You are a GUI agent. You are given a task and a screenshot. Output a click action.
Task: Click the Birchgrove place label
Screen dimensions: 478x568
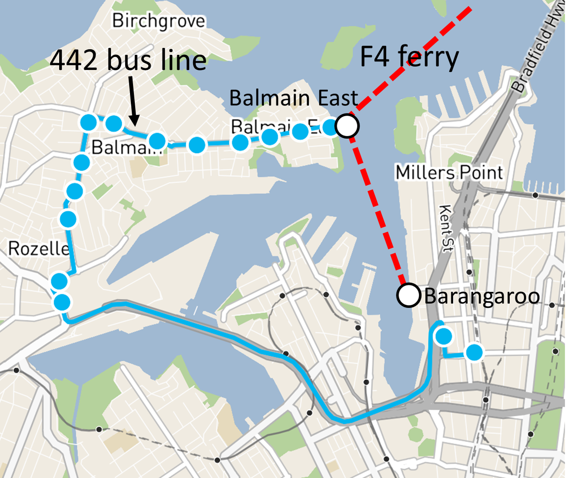158,21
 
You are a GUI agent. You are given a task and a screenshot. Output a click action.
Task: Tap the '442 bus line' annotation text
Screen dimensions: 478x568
128,60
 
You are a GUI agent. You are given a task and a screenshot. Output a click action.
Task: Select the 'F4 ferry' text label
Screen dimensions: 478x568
409,57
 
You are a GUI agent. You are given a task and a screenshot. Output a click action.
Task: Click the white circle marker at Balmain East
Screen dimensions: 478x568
347,126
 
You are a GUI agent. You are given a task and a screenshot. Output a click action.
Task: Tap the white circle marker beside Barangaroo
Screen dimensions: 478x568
408,295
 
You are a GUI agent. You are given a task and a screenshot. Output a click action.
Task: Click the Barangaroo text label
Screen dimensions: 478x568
482,297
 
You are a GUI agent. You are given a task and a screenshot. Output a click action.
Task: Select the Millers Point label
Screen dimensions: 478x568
449,173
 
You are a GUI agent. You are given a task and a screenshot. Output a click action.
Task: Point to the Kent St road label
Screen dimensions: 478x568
446,228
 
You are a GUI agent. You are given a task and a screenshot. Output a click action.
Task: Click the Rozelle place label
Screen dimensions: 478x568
39,249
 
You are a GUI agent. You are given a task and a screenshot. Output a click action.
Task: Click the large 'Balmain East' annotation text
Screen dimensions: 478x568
294,98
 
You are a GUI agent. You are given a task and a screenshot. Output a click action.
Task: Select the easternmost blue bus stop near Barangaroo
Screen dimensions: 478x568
474,352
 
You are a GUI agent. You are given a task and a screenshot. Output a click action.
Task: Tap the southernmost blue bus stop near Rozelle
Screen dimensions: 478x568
62,302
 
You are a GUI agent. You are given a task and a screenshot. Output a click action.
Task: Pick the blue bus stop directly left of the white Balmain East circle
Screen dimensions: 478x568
331,128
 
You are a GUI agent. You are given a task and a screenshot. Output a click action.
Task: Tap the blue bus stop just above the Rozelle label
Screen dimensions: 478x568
68,219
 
